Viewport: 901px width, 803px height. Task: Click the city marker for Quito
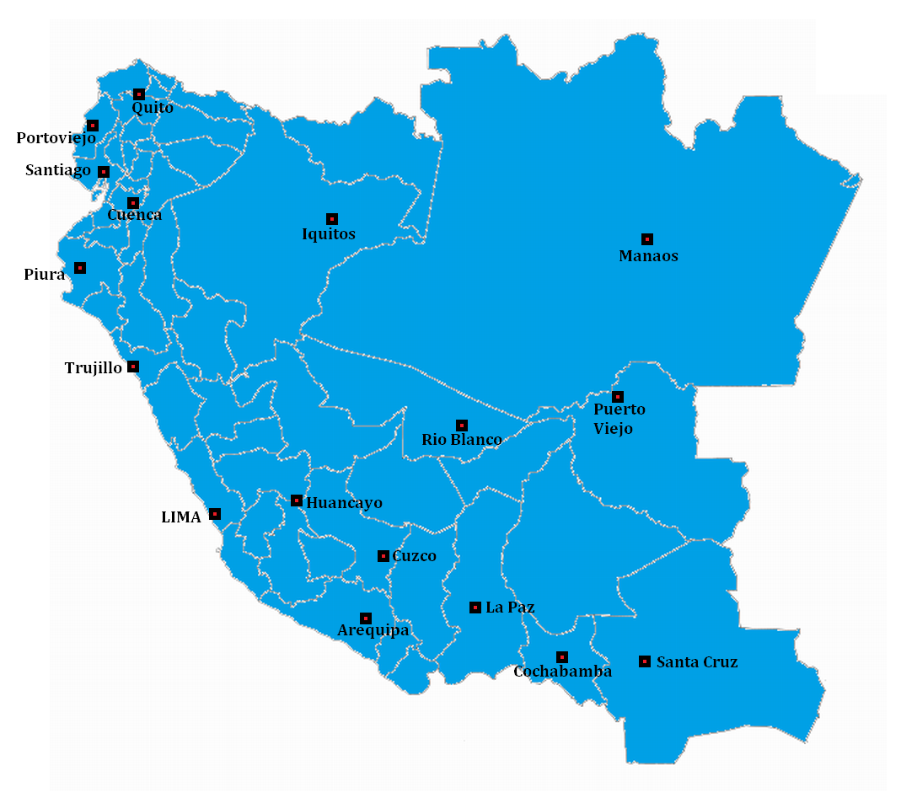pos(139,94)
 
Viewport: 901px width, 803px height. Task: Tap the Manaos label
pos(648,256)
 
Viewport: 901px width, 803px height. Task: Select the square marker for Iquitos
pos(332,219)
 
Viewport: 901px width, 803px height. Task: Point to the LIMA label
pos(181,517)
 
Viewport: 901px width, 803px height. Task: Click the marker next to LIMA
pos(215,514)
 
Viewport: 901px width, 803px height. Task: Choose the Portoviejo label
pos(56,138)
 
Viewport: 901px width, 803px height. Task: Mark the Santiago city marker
pos(104,172)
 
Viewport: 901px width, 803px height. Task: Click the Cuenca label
pos(134,215)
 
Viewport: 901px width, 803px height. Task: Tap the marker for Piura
pos(80,268)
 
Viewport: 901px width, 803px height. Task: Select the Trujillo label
pos(93,368)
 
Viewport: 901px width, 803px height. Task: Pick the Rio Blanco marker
pos(462,426)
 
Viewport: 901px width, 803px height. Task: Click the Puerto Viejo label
pos(619,419)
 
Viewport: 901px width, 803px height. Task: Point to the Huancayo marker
pos(297,501)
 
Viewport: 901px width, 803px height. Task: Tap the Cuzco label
pos(415,556)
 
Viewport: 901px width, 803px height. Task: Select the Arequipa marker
pos(366,618)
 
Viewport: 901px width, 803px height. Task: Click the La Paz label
pos(510,608)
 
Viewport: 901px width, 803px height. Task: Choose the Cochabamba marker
pos(562,657)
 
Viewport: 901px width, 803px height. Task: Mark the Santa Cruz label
pos(697,662)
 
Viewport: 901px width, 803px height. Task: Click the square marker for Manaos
pos(647,239)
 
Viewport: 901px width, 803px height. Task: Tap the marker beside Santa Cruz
pos(645,661)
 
